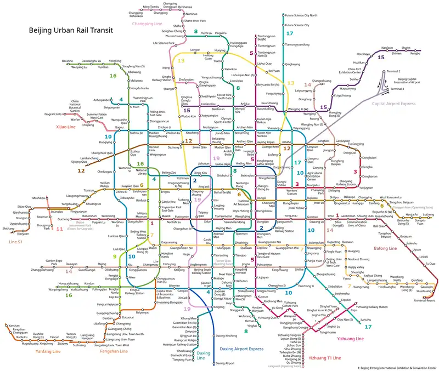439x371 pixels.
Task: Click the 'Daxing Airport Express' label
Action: [x=241, y=349]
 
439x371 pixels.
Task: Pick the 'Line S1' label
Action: [x=16, y=242]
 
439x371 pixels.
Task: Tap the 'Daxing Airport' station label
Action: [x=226, y=363]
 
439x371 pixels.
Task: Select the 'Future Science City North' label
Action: [x=301, y=16]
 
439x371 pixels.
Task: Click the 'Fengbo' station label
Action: [x=415, y=54]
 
